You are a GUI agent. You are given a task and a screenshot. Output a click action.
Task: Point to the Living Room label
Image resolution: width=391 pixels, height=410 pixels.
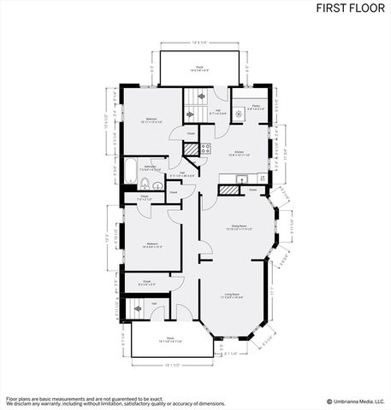coord(234,296)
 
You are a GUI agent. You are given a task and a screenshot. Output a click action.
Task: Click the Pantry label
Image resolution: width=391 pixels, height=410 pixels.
coord(256,108)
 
